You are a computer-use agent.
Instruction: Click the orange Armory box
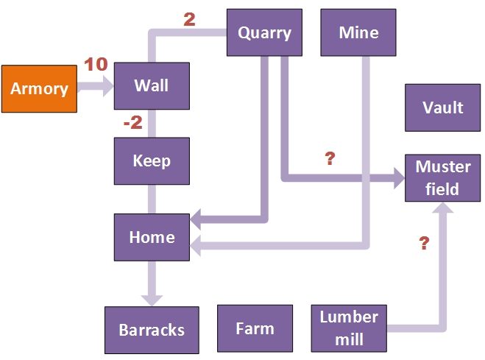click(x=39, y=88)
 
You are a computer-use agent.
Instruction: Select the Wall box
click(x=152, y=85)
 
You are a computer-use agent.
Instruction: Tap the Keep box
click(x=152, y=160)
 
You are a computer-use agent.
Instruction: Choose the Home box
click(x=152, y=237)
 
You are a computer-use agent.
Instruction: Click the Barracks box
click(x=152, y=330)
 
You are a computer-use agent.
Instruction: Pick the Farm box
click(x=255, y=328)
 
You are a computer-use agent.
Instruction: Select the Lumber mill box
click(x=349, y=328)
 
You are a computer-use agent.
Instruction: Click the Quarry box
click(x=265, y=32)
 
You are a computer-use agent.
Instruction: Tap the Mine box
click(x=359, y=32)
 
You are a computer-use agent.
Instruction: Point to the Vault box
click(x=443, y=107)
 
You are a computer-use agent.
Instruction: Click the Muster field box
click(x=443, y=178)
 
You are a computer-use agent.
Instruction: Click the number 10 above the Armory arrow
click(x=96, y=64)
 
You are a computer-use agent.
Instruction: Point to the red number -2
click(x=133, y=123)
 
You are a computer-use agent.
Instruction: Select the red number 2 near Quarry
click(x=189, y=20)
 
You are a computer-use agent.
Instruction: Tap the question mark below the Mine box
click(x=330, y=158)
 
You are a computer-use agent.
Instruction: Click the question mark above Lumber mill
click(x=424, y=244)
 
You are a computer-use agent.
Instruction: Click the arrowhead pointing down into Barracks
click(x=152, y=299)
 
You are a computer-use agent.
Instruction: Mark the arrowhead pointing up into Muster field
click(x=443, y=209)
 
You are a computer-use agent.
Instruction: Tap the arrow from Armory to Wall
click(x=95, y=86)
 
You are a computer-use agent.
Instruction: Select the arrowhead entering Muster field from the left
click(x=398, y=177)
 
